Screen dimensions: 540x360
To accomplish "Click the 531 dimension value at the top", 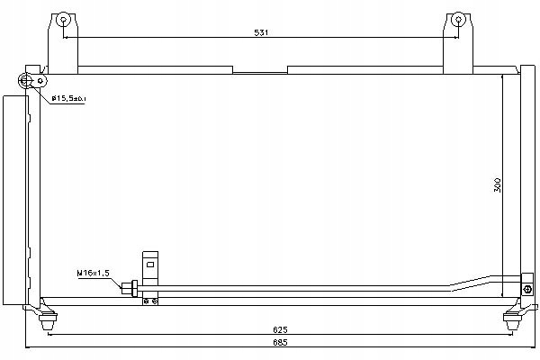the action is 262,32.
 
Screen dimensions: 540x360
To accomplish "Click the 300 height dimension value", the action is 497,185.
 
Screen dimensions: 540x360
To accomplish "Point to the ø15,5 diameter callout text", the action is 67,97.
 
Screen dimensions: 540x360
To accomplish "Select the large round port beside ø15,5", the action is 26,82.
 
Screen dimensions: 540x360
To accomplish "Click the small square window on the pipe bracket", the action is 151,265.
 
